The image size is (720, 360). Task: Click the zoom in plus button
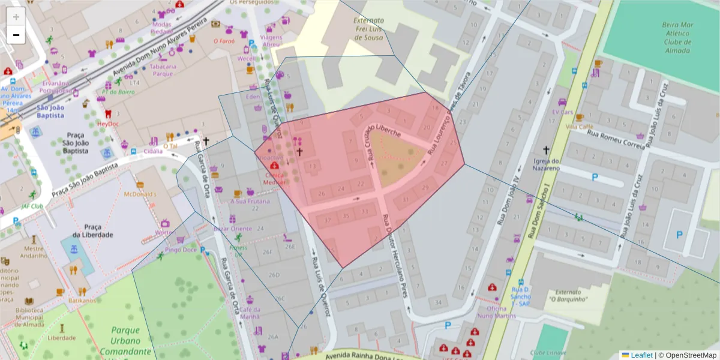[16, 17]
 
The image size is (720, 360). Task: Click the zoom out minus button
[16, 35]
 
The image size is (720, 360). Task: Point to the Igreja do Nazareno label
[546, 164]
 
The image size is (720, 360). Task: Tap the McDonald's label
[140, 194]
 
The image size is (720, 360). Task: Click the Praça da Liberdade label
[93, 230]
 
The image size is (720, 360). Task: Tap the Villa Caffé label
[580, 127]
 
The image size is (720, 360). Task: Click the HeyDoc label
[109, 124]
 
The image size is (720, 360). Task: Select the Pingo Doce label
[181, 250]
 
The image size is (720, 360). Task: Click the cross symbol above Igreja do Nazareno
[546, 150]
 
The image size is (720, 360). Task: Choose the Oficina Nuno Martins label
[497, 312]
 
